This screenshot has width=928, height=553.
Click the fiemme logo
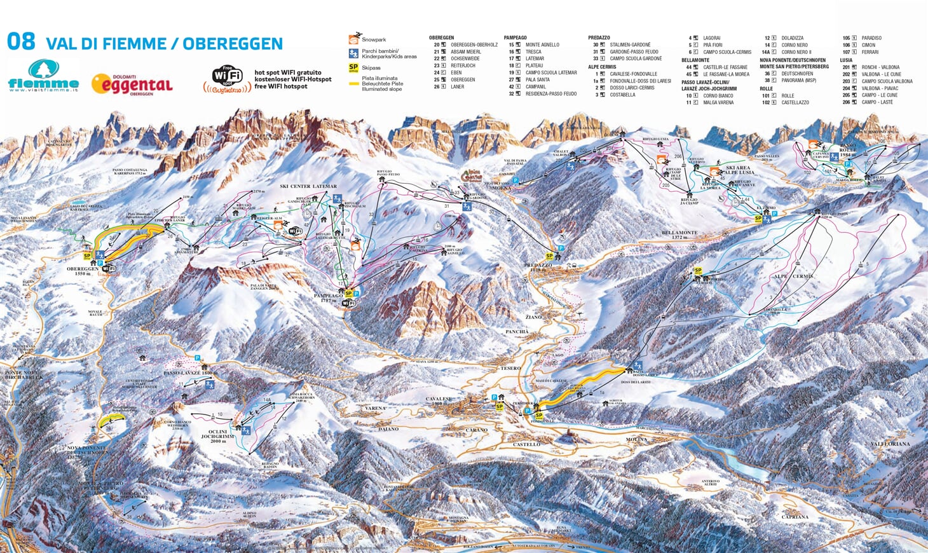coord(43,76)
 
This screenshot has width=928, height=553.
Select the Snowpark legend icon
coord(354,39)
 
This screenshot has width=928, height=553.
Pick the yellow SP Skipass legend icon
coord(353,67)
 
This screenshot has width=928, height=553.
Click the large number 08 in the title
coord(21,41)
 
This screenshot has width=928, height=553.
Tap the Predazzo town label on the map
coord(538,265)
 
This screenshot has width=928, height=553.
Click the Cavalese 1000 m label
coord(438,400)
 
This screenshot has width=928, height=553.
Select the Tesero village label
coord(510,368)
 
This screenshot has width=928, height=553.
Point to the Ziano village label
coord(533,317)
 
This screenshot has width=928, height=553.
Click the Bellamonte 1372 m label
coord(679,234)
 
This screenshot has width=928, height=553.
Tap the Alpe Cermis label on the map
coord(793,276)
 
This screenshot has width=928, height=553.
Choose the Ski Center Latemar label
coord(308,186)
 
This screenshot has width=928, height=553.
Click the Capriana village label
coord(795,517)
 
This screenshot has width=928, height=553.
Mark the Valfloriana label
coord(890,444)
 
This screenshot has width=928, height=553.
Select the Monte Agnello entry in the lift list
coord(542,44)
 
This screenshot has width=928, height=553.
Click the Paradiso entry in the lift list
coord(871,38)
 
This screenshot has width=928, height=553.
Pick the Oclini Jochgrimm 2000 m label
coord(218,434)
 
